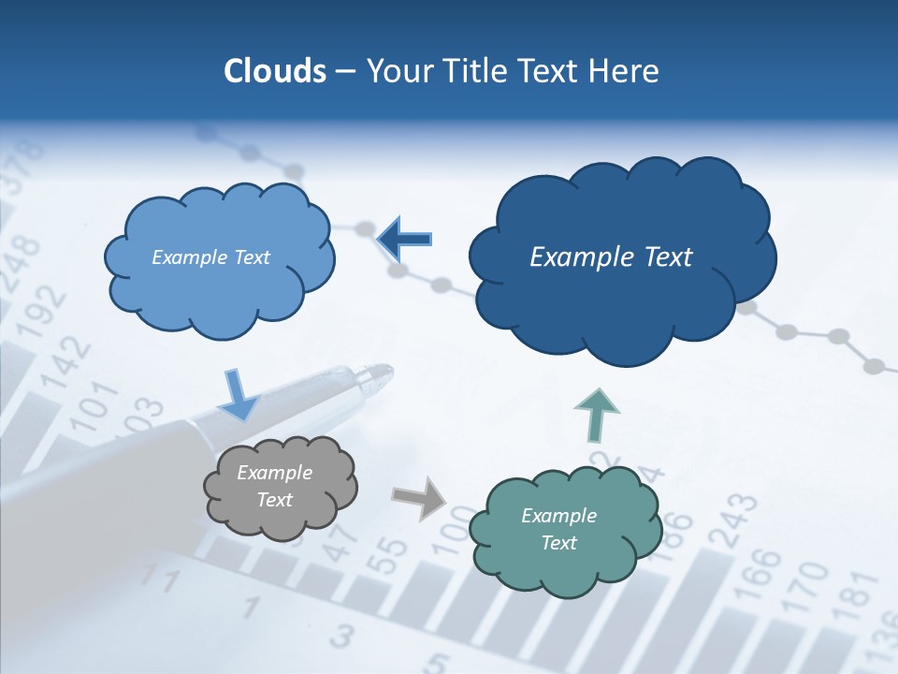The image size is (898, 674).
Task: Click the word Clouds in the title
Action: (274, 71)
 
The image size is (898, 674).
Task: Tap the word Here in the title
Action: (624, 71)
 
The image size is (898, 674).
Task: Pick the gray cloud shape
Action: (280, 487)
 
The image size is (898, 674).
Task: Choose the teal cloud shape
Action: (564, 529)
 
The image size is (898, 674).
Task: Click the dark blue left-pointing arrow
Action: (405, 239)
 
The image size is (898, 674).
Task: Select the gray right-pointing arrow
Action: (420, 498)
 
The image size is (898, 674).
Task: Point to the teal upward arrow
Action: (596, 415)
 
